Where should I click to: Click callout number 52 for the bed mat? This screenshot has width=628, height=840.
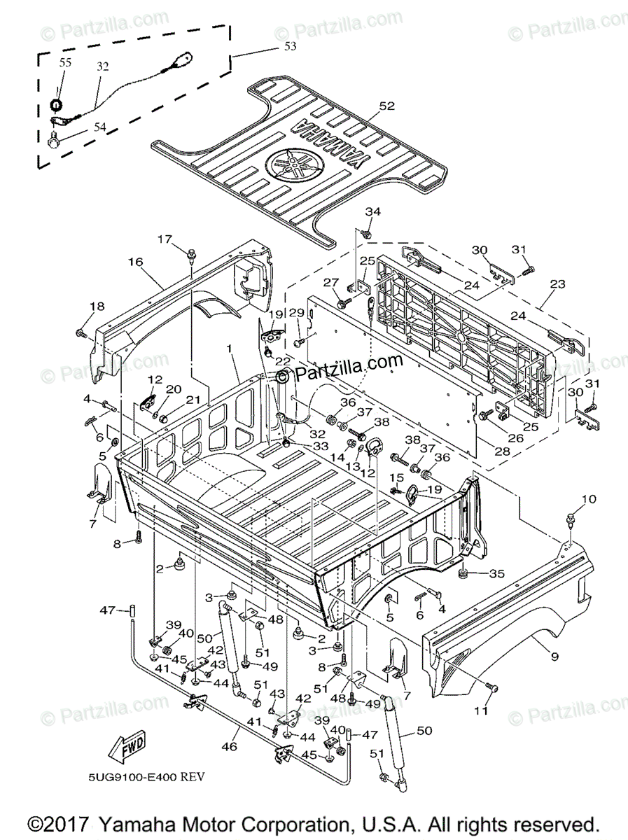click(387, 106)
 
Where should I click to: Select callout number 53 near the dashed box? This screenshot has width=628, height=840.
click(289, 46)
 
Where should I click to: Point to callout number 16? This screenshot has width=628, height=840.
click(135, 262)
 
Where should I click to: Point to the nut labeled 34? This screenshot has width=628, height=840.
click(370, 230)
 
